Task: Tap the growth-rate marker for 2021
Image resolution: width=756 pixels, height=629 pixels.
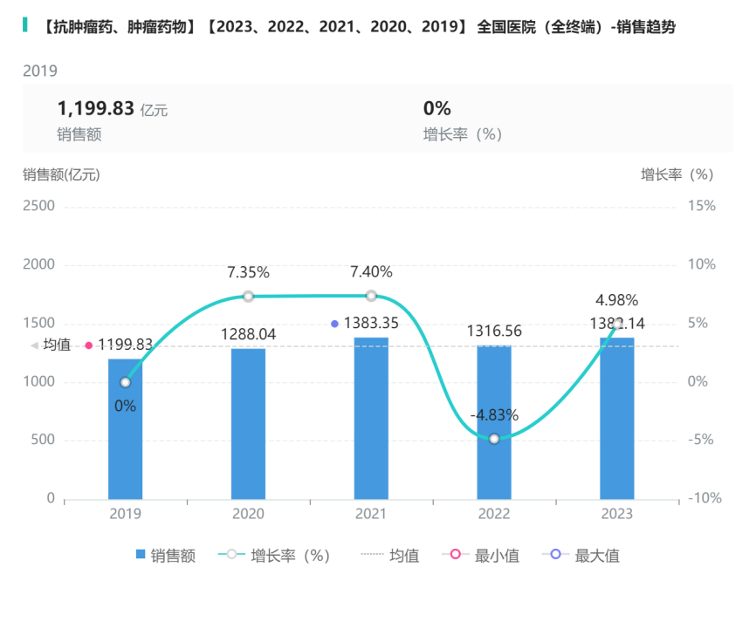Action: pos(371,296)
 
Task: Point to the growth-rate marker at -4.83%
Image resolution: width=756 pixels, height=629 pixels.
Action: pos(494,439)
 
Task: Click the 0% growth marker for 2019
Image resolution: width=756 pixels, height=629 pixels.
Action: pos(126,382)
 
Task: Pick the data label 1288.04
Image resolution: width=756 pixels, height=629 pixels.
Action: pos(248,334)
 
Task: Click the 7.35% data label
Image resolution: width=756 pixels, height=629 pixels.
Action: pos(248,272)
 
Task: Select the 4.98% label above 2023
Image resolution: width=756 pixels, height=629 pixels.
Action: pos(616,300)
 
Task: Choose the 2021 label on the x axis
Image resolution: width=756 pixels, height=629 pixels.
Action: pos(371,515)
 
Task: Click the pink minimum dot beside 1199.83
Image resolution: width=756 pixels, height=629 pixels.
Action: pos(88,345)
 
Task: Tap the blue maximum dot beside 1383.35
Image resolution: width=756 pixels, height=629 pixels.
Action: pos(334,324)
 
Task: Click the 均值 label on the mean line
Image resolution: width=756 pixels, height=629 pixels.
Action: pos(57,345)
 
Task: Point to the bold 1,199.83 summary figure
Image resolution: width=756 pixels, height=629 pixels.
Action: pos(95,108)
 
